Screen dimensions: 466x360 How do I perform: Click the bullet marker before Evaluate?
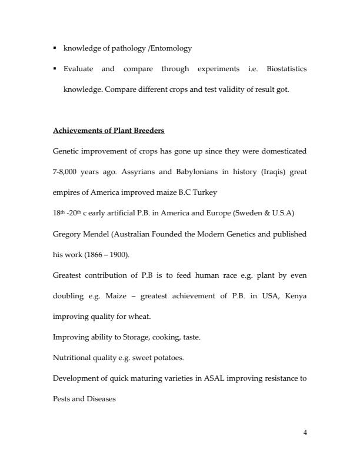pyautogui.click(x=54, y=69)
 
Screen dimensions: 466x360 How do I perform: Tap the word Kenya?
pyautogui.click(x=295, y=295)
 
